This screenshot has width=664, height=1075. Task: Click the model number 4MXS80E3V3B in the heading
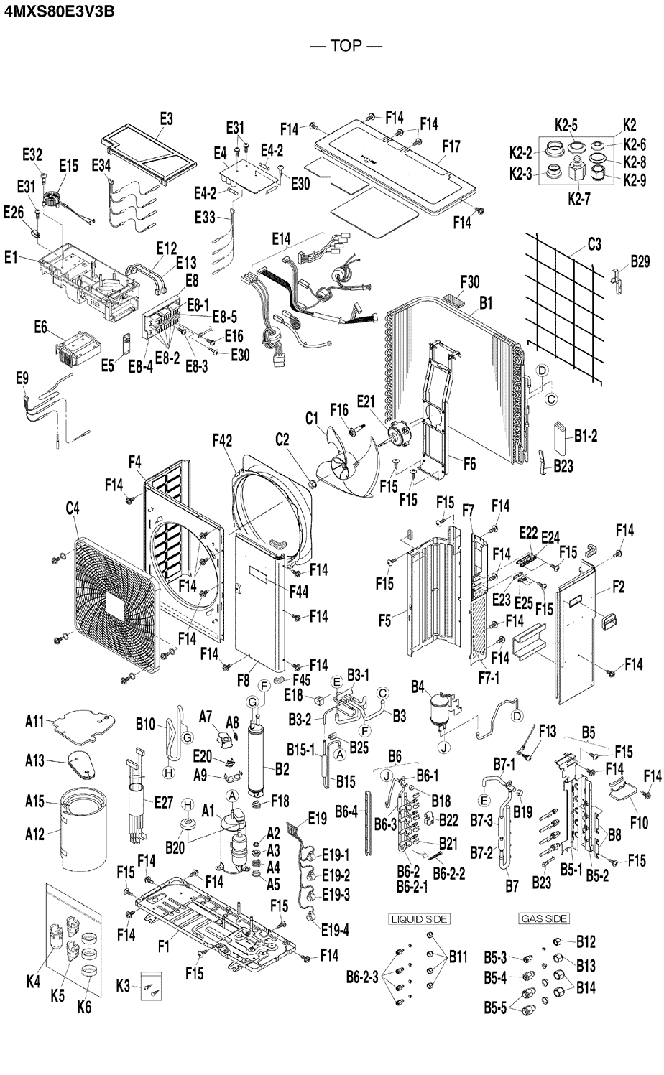(x=59, y=11)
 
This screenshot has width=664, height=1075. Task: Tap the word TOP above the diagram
(x=346, y=46)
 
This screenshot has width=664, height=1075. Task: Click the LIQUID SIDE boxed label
(x=419, y=919)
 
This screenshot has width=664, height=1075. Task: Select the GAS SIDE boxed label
(x=544, y=918)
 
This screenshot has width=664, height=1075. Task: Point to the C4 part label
(x=73, y=508)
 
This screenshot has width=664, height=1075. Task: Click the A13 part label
(x=34, y=760)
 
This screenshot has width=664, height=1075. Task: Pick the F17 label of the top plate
(x=451, y=146)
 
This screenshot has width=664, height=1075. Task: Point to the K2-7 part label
(x=578, y=199)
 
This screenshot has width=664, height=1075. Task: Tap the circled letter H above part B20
(x=188, y=805)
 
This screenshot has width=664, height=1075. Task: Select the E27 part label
(x=163, y=801)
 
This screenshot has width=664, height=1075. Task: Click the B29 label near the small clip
(x=640, y=261)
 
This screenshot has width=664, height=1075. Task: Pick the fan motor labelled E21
(x=398, y=432)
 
